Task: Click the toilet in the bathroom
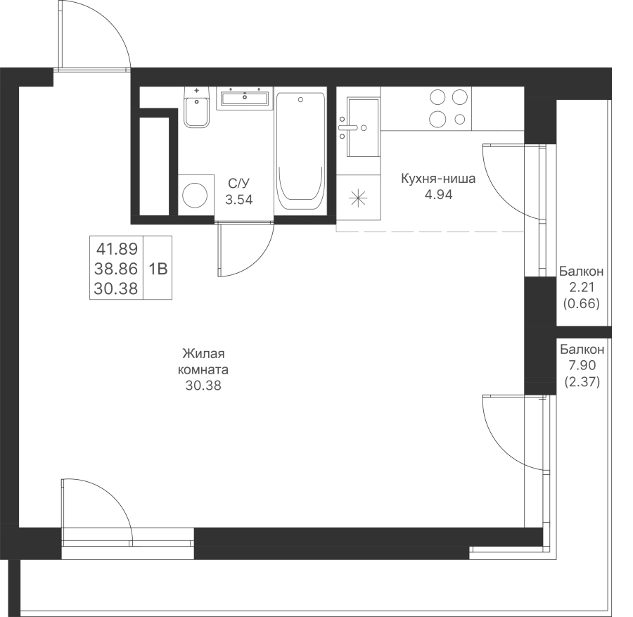(197, 108)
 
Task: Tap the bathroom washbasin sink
(245, 98)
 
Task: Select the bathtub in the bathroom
(300, 151)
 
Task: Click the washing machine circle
(195, 196)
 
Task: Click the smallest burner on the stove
(460, 119)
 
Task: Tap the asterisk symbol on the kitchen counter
(358, 198)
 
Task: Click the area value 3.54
(239, 200)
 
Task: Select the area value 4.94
(438, 195)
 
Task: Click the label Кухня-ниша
(438, 179)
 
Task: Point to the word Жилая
(203, 354)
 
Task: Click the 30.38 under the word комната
(203, 386)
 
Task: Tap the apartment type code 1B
(158, 269)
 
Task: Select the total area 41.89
(117, 249)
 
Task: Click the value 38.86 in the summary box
(116, 269)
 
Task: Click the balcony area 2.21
(582, 288)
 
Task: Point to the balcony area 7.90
(582, 365)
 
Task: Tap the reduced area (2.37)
(582, 381)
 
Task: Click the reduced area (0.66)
(582, 304)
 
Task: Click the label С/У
(239, 184)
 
